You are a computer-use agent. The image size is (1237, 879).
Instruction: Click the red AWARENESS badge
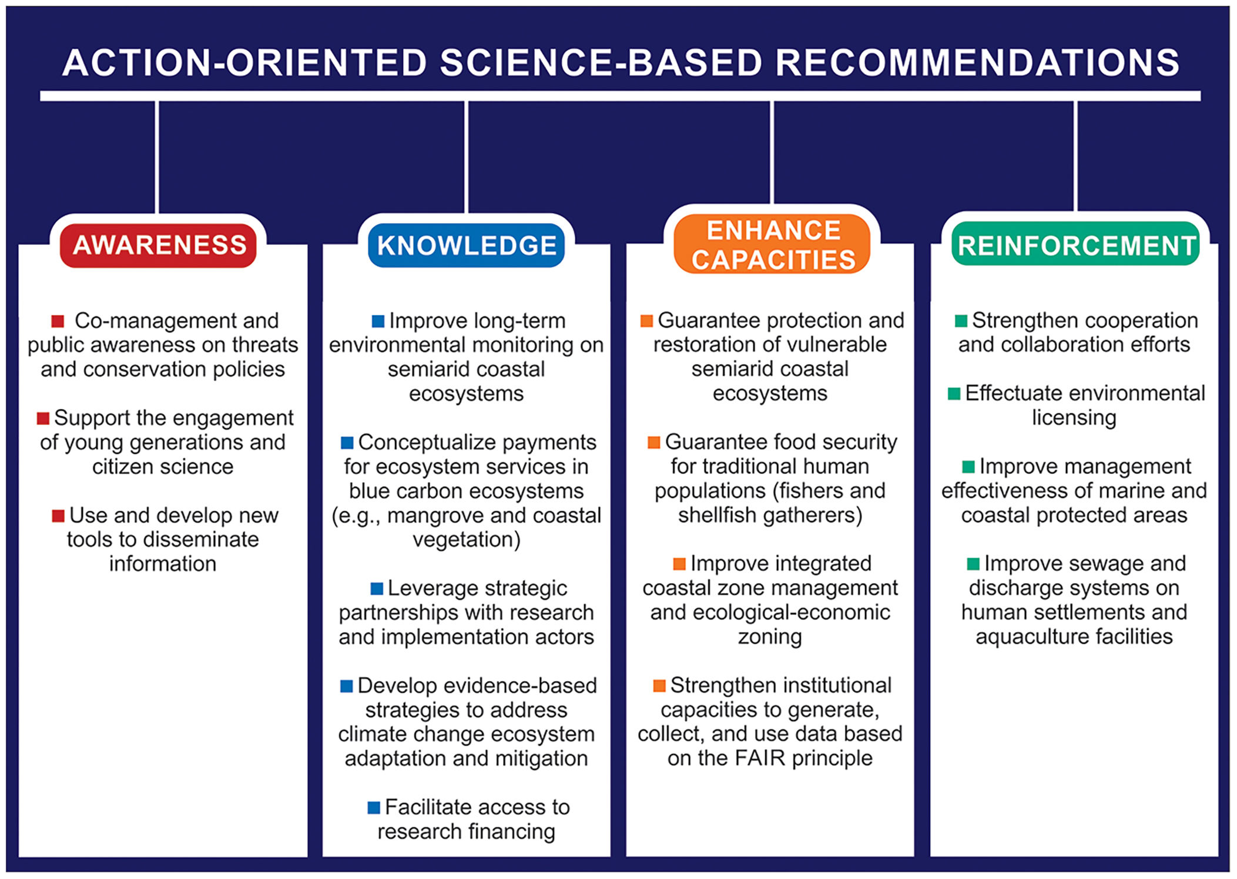click(x=158, y=245)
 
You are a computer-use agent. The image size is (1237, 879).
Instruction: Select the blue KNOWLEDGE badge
click(x=467, y=245)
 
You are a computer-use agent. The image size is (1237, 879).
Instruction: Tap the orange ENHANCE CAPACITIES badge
click(x=772, y=244)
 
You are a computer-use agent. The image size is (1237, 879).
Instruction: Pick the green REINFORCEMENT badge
click(x=1076, y=244)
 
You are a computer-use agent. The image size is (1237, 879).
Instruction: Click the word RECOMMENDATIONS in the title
click(x=977, y=62)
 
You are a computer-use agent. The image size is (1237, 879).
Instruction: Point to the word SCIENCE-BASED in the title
click(x=601, y=62)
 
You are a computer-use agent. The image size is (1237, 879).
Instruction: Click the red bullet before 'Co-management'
click(x=58, y=321)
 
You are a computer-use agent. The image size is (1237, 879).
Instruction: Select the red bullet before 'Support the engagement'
click(x=43, y=419)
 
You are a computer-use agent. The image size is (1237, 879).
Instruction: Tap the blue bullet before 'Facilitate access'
click(x=374, y=808)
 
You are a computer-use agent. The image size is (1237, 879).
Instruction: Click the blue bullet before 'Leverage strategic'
click(x=377, y=588)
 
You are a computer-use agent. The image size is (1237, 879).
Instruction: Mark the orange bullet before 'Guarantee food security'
click(x=654, y=443)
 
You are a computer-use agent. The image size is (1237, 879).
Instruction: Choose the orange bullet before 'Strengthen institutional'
click(x=659, y=686)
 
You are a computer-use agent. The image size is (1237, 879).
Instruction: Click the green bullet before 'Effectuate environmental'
click(x=954, y=393)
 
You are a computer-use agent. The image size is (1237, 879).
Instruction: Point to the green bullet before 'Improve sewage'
click(x=973, y=564)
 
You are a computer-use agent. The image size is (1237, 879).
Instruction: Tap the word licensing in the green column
click(x=1074, y=418)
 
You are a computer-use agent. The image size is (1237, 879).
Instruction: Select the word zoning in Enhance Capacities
click(x=770, y=637)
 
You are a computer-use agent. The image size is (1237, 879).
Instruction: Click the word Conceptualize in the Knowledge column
click(x=435, y=443)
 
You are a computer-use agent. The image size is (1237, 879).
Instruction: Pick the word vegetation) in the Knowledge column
click(x=467, y=540)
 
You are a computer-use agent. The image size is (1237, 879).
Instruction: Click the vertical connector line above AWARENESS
click(x=157, y=157)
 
